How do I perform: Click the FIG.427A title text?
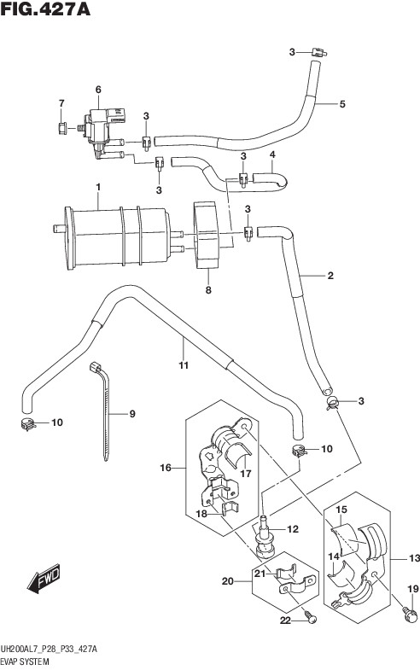pyautogui.click(x=45, y=9)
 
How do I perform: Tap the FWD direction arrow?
pyautogui.click(x=44, y=580)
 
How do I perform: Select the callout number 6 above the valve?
pyautogui.click(x=98, y=90)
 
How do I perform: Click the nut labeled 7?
pyautogui.click(x=62, y=127)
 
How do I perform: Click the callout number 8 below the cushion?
pyautogui.click(x=208, y=289)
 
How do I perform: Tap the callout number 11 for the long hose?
pyautogui.click(x=184, y=366)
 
